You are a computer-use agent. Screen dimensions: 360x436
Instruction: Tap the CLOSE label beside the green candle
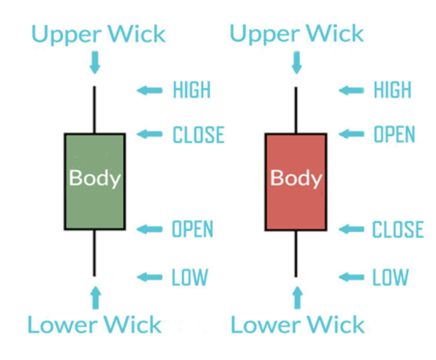click(x=198, y=135)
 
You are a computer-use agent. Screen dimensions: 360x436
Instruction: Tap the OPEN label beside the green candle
click(x=192, y=229)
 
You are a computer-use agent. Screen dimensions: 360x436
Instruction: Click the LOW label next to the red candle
click(x=390, y=277)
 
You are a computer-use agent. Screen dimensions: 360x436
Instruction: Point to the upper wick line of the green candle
click(x=94, y=109)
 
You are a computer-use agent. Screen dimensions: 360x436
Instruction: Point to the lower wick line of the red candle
click(x=296, y=253)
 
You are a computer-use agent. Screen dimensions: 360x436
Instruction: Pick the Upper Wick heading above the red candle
click(x=296, y=34)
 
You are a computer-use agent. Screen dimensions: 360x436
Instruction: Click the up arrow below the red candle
click(x=296, y=297)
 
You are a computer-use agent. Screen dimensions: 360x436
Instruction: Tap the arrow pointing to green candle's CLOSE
click(x=149, y=134)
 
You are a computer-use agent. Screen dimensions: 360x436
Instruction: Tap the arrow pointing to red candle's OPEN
click(x=351, y=134)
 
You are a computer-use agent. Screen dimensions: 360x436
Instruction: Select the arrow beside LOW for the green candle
click(x=149, y=277)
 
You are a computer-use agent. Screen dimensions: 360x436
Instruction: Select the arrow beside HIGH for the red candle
click(x=351, y=90)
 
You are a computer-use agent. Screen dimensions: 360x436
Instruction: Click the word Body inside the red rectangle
click(x=296, y=178)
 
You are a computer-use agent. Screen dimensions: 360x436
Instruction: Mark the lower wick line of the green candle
click(x=94, y=253)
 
